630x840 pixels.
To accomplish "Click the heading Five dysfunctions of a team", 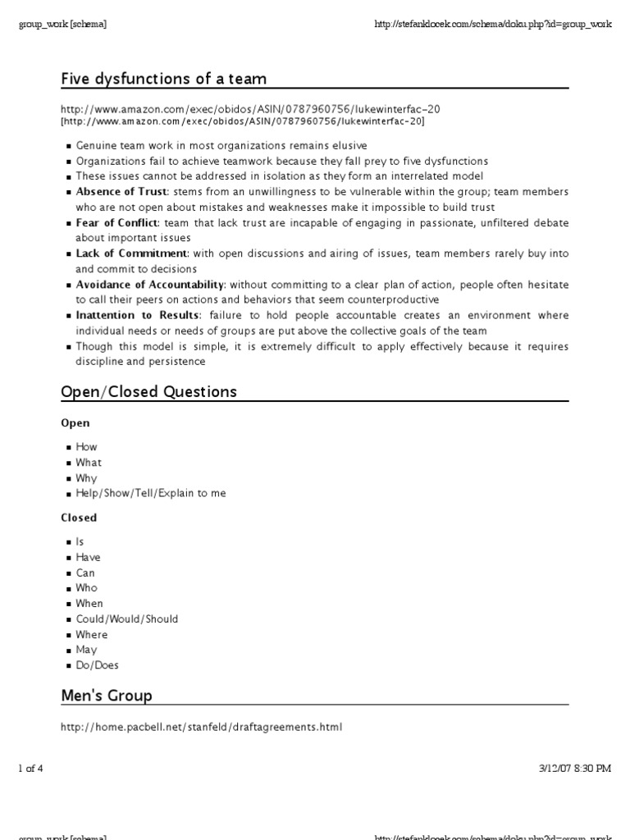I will coord(164,79).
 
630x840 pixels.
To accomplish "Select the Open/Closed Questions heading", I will coord(149,391).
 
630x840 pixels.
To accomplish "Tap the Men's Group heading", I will coord(107,696).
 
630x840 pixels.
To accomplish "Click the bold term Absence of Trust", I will coord(121,191).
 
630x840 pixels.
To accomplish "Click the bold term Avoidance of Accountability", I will coord(150,285).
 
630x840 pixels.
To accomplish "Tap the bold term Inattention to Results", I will coord(138,315).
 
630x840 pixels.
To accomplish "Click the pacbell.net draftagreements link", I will coord(201,727).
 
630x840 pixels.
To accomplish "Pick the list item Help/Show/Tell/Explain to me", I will coord(151,493).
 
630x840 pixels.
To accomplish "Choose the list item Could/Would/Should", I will coord(127,619).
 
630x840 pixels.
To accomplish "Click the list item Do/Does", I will coord(98,665).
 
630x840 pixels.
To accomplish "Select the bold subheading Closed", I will coord(79,518).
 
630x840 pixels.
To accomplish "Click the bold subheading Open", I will coord(75,423).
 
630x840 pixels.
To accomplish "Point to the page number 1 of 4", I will coord(30,769).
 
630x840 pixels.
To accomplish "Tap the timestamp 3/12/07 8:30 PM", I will coord(575,769).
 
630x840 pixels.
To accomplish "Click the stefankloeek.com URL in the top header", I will coord(493,24).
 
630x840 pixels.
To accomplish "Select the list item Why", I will coord(86,477).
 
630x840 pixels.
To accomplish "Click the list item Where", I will coord(92,634).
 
